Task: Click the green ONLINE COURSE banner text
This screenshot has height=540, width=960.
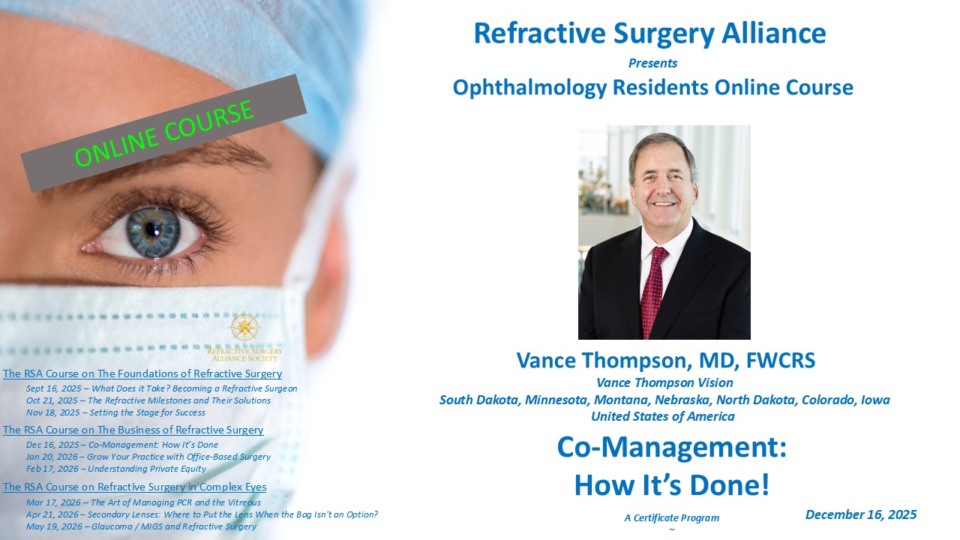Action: pos(164,133)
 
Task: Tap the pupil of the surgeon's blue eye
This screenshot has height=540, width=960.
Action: pos(152,229)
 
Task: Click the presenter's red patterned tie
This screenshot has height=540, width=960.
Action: pos(652,292)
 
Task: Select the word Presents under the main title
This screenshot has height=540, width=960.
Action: pos(652,63)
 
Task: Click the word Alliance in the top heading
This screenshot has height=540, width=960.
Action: pos(773,33)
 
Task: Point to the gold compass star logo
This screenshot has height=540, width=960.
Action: pos(244,328)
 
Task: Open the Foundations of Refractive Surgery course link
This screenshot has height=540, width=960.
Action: pos(142,373)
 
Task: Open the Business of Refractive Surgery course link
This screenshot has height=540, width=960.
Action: pos(133,430)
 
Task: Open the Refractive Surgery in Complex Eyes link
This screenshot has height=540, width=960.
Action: pos(134,487)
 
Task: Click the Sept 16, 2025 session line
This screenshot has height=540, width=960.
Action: pos(161,388)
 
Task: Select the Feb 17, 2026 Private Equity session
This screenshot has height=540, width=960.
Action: pos(116,469)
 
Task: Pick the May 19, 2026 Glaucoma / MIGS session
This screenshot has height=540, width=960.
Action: pos(141,526)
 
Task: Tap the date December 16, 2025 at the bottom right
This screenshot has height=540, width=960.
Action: pos(861,514)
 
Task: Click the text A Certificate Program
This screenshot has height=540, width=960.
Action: pos(671,517)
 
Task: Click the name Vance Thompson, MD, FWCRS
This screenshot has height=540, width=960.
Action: pos(665,361)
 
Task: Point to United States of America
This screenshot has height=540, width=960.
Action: pos(662,416)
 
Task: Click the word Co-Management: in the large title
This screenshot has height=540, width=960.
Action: pos(671,447)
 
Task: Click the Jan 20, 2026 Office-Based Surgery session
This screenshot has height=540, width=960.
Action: pos(148,457)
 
